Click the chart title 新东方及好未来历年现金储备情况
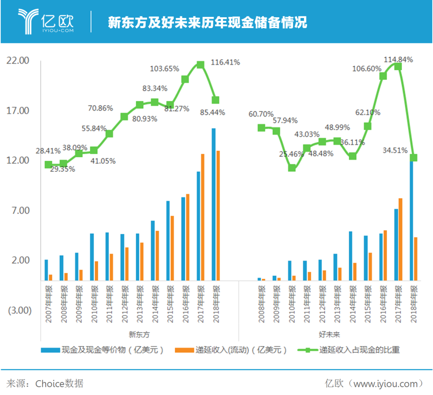[207, 22]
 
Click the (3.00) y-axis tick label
[18, 310]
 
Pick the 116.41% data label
[225, 62]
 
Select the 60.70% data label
[261, 114]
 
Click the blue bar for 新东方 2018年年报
[214, 205]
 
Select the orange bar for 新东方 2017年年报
[203, 217]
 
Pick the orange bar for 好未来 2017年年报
[400, 239]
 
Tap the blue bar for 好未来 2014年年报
[350, 255]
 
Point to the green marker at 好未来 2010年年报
[292, 168]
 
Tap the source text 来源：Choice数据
[45, 383]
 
